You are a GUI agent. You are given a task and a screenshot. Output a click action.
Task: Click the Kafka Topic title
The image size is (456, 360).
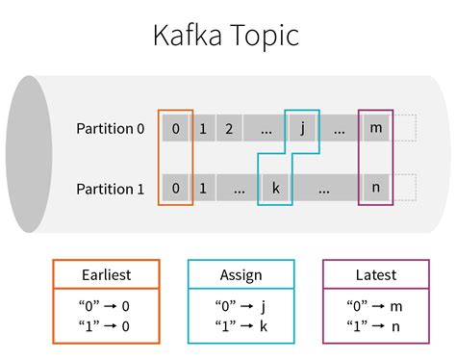(x=226, y=36)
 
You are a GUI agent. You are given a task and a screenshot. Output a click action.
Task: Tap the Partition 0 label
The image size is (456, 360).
(x=111, y=129)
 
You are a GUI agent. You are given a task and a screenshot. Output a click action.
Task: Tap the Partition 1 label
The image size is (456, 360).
(x=111, y=189)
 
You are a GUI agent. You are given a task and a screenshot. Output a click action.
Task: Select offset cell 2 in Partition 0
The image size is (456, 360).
(x=229, y=128)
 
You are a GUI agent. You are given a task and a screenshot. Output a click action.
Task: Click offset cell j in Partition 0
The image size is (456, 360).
(x=302, y=128)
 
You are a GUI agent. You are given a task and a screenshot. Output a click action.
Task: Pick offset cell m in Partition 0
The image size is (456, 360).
(x=376, y=128)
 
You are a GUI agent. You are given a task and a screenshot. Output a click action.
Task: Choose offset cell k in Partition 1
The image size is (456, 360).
(x=275, y=188)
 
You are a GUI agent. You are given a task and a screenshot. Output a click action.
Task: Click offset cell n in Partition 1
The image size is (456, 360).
(x=376, y=188)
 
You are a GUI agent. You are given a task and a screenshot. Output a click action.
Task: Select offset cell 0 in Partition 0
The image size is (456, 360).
(x=175, y=128)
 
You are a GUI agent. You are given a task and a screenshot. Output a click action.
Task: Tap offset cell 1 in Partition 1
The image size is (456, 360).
(x=202, y=188)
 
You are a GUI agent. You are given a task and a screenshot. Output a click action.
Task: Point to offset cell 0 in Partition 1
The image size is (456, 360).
(x=175, y=188)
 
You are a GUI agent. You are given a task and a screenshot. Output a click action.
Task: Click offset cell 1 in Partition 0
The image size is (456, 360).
(x=202, y=128)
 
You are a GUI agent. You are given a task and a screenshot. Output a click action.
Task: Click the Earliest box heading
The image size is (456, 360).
(x=106, y=275)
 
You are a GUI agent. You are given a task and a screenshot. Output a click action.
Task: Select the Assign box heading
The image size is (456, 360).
(x=241, y=275)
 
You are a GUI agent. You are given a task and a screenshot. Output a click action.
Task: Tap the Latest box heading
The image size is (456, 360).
(x=376, y=275)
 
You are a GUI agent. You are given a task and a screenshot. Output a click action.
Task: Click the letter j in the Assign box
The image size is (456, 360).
(x=263, y=306)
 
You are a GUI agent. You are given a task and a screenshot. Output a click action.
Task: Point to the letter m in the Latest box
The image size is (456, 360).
(x=396, y=307)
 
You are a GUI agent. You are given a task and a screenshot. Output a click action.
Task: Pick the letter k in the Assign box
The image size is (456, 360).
(x=264, y=326)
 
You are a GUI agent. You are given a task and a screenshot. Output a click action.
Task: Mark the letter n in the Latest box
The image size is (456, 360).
(x=395, y=327)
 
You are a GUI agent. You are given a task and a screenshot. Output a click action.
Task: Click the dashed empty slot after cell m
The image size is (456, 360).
(x=405, y=128)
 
